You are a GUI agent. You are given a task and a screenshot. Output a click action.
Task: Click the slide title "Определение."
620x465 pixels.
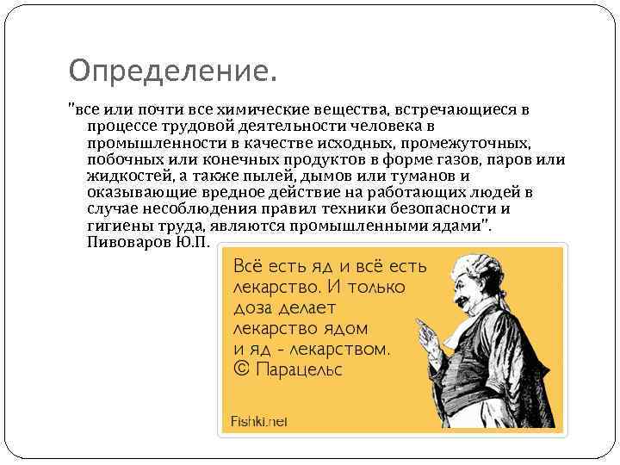coord(173,69)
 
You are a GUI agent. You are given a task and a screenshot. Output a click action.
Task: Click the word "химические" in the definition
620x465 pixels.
coord(257,111)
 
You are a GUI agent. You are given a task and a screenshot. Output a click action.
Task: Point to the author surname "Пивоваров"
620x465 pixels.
coord(129,242)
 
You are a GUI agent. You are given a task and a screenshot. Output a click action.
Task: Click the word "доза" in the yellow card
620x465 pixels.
coord(251,307)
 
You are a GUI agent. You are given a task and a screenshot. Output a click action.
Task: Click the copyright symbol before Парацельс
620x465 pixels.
coord(241,370)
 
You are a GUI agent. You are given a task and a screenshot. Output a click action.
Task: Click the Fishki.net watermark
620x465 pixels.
coord(259,421)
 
